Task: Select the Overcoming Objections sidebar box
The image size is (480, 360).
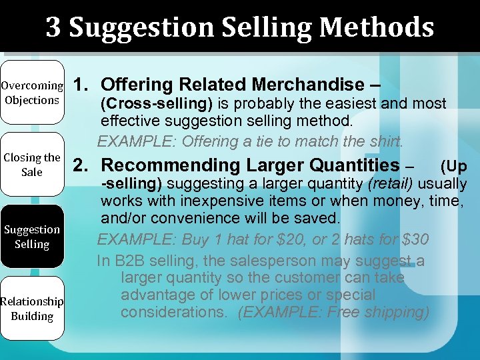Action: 32,93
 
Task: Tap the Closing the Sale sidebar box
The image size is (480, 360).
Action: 32,165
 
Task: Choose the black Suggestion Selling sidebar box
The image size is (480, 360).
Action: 32,237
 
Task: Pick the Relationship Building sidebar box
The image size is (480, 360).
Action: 32,309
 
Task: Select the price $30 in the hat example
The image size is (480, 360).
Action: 413,239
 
